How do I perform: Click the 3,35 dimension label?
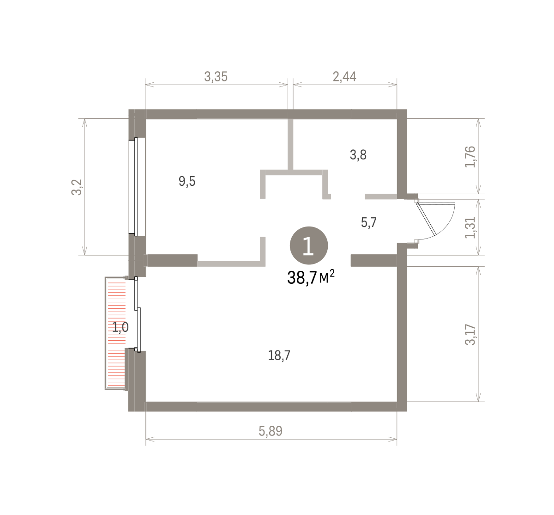tap(216, 77)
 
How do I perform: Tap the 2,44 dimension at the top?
tap(344, 77)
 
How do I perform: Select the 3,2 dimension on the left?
tap(77, 187)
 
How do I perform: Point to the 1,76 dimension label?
tap(470, 157)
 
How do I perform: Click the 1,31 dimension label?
tap(470, 227)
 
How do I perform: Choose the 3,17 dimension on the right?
tap(470, 335)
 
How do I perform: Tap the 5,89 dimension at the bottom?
tap(271, 431)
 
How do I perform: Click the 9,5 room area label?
tap(187, 181)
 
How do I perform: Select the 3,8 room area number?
tap(358, 154)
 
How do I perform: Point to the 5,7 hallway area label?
tap(369, 222)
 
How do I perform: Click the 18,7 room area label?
tap(279, 356)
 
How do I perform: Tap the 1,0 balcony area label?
tap(120, 327)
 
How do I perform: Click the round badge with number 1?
tap(309, 245)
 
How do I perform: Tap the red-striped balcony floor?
tap(117, 334)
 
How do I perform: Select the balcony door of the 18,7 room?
tap(138, 314)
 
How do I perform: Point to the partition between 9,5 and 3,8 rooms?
tap(290, 145)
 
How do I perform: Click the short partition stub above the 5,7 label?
tap(381, 196)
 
